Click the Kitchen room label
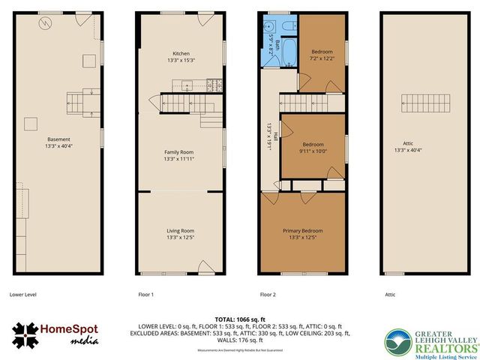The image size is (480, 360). coord(181,54)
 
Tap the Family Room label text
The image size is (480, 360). coord(180,152)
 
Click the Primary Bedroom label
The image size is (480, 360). coord(302,231)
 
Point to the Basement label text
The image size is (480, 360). coord(58,139)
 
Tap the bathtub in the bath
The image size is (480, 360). coord(289,54)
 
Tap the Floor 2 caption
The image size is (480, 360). coord(269,295)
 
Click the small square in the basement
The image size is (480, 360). coord(32,124)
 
